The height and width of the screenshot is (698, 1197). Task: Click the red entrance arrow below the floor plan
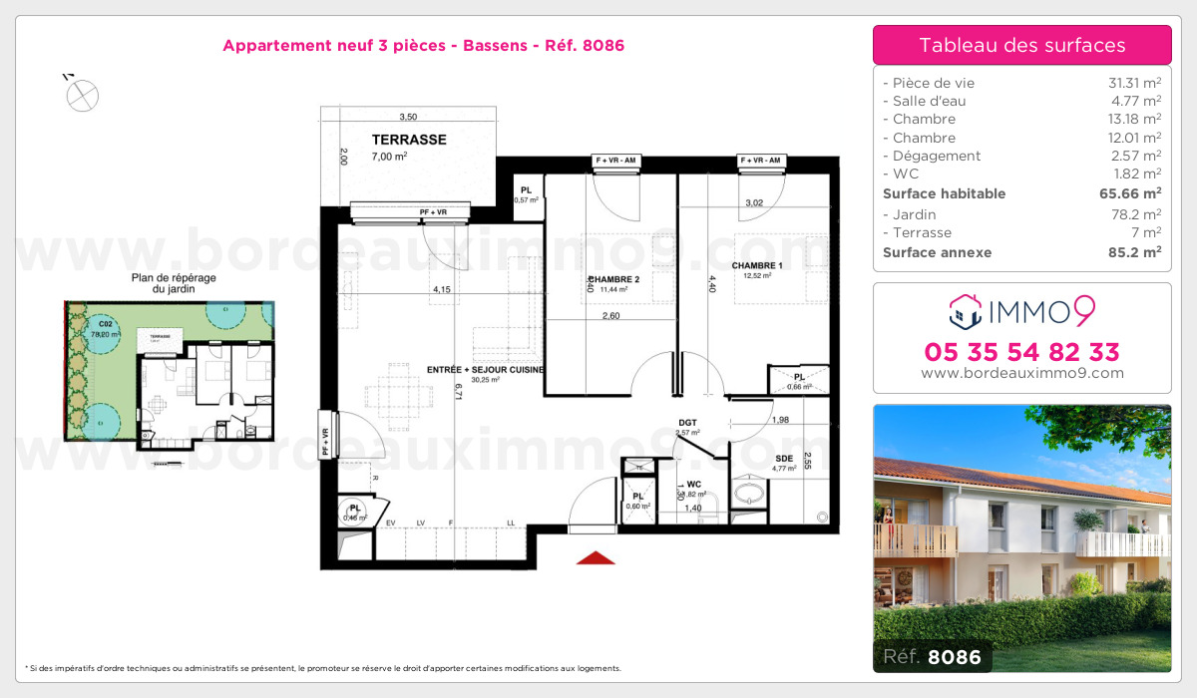tap(596, 558)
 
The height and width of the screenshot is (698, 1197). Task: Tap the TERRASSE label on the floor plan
tap(409, 141)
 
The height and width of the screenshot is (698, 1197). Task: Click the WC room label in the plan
tap(694, 484)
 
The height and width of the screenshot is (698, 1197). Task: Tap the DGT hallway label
tap(688, 423)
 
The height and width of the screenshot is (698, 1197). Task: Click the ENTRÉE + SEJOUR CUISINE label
tap(485, 370)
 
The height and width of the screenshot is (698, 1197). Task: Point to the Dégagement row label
tap(937, 156)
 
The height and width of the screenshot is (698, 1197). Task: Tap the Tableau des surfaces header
tap(1021, 45)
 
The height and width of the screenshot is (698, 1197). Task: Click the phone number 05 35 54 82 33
tap(1021, 352)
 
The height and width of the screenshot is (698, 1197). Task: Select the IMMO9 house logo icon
tap(966, 311)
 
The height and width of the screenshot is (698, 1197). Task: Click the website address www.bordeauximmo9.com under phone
tap(1021, 374)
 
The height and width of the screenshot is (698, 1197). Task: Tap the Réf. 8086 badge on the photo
tap(932, 656)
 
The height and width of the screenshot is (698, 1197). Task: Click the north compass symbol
tap(82, 95)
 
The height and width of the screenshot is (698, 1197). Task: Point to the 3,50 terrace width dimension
tap(408, 117)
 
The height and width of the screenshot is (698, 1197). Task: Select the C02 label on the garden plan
tap(105, 324)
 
